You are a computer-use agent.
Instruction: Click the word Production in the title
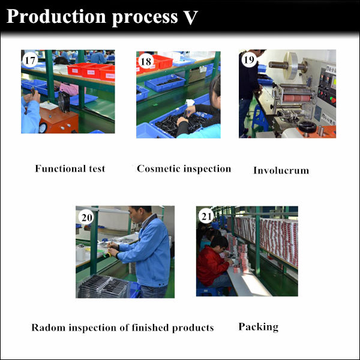click(x=56, y=17)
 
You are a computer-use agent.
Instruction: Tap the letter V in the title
click(x=191, y=17)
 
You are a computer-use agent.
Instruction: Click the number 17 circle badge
click(x=30, y=61)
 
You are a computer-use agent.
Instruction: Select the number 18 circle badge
click(x=146, y=62)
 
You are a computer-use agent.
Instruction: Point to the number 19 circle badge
click(x=249, y=59)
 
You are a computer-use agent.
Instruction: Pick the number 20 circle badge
click(x=86, y=217)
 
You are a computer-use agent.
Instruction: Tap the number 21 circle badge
click(x=206, y=216)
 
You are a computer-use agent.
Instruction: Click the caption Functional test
click(x=70, y=169)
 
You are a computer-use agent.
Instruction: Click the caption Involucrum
click(x=281, y=170)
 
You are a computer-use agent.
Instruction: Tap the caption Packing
click(x=259, y=327)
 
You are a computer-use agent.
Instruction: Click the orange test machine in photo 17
click(x=59, y=120)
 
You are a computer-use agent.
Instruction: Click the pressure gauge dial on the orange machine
click(x=43, y=128)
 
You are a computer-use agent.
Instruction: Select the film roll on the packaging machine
click(x=290, y=66)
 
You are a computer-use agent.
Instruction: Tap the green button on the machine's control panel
click(x=332, y=100)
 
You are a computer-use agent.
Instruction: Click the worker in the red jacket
click(x=212, y=262)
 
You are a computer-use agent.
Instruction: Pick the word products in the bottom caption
click(x=193, y=328)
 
